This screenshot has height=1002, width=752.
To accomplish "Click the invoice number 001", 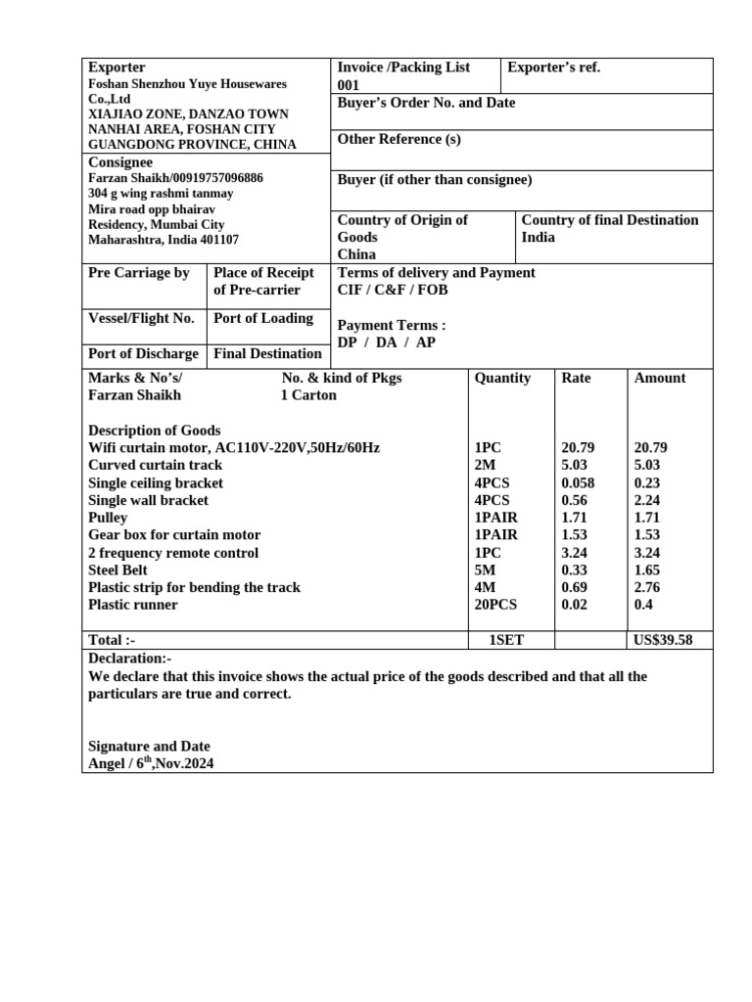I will click(349, 85).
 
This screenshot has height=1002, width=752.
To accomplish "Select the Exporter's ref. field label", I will click(553, 68).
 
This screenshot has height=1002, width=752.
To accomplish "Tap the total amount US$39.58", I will click(663, 640).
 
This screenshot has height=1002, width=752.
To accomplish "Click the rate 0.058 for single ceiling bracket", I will click(579, 483).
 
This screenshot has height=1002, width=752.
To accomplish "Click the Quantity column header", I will click(502, 378).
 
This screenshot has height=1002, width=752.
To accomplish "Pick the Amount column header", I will click(660, 378).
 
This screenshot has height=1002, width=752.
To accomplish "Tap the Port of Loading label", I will click(263, 318).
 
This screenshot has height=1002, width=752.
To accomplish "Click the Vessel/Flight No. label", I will click(141, 318).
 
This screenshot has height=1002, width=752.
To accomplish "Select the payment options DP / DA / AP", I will click(387, 342).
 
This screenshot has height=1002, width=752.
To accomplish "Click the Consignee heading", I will click(120, 162).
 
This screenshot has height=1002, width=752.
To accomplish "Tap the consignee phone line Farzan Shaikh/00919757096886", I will click(175, 178).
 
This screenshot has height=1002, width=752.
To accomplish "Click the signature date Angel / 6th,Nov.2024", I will click(151, 763).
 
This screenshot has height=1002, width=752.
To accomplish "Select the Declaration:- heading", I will click(129, 659).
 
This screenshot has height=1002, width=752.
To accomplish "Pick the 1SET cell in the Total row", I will click(506, 640).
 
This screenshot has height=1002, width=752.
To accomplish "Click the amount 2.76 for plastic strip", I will click(649, 587).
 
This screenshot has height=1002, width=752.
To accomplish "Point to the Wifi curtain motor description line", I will click(234, 448).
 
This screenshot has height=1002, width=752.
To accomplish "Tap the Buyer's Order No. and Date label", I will click(426, 103).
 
